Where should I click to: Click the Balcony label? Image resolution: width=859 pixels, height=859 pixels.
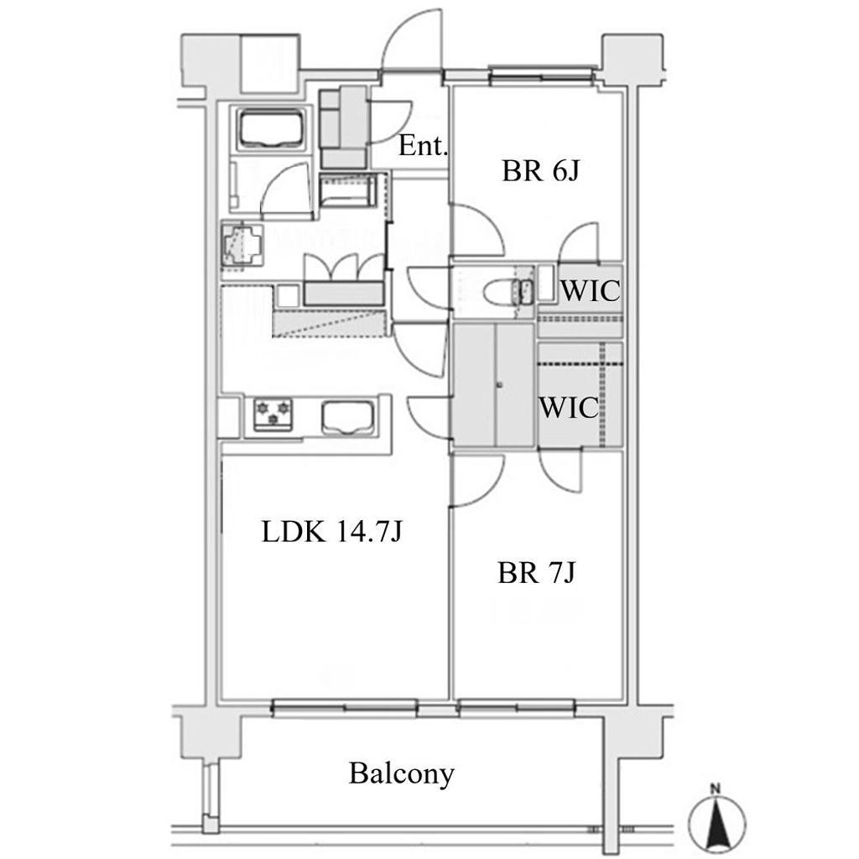pos(402,774)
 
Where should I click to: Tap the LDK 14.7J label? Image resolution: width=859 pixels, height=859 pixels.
pos(332,531)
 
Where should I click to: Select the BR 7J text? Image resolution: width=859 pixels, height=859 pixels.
pos(536,574)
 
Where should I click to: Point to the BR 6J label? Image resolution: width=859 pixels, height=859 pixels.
pos(540,171)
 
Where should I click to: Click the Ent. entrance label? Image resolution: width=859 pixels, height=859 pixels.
pos(423,146)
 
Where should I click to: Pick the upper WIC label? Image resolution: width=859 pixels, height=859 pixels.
pos(590,290)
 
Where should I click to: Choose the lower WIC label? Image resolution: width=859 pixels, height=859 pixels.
pos(569,408)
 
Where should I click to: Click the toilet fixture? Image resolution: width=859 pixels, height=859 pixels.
pos(508,291)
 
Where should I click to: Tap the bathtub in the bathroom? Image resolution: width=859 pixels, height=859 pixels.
pos(271,128)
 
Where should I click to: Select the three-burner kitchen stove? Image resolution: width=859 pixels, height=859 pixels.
pos(273,414)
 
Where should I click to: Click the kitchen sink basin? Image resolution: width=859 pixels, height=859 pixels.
pos(348,417)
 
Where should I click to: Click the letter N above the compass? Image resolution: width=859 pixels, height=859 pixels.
pos(715,789)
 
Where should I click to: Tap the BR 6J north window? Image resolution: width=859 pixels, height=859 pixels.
pos(541,75)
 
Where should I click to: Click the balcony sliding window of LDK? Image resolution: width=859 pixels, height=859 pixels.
pos(345,708)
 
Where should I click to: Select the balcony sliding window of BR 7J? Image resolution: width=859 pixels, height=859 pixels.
pos(517,708)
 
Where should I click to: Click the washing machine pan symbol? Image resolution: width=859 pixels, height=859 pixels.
pos(242,246)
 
